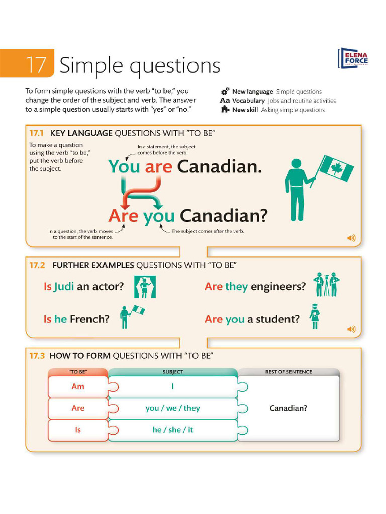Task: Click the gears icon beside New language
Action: click(225, 91)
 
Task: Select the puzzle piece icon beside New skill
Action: click(225, 109)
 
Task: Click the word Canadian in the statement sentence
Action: click(219, 166)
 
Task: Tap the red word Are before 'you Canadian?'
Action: click(123, 216)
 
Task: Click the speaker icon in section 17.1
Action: click(351, 238)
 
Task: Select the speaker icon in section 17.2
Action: click(351, 329)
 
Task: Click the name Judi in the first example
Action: click(64, 287)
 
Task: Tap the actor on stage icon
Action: click(145, 287)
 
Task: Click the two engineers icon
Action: click(326, 285)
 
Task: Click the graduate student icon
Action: click(315, 317)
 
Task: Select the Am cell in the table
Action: click(78, 386)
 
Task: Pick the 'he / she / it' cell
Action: click(172, 430)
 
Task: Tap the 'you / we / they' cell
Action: click(172, 408)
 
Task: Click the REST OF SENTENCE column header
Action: click(288, 372)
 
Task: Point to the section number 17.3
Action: click(37, 356)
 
